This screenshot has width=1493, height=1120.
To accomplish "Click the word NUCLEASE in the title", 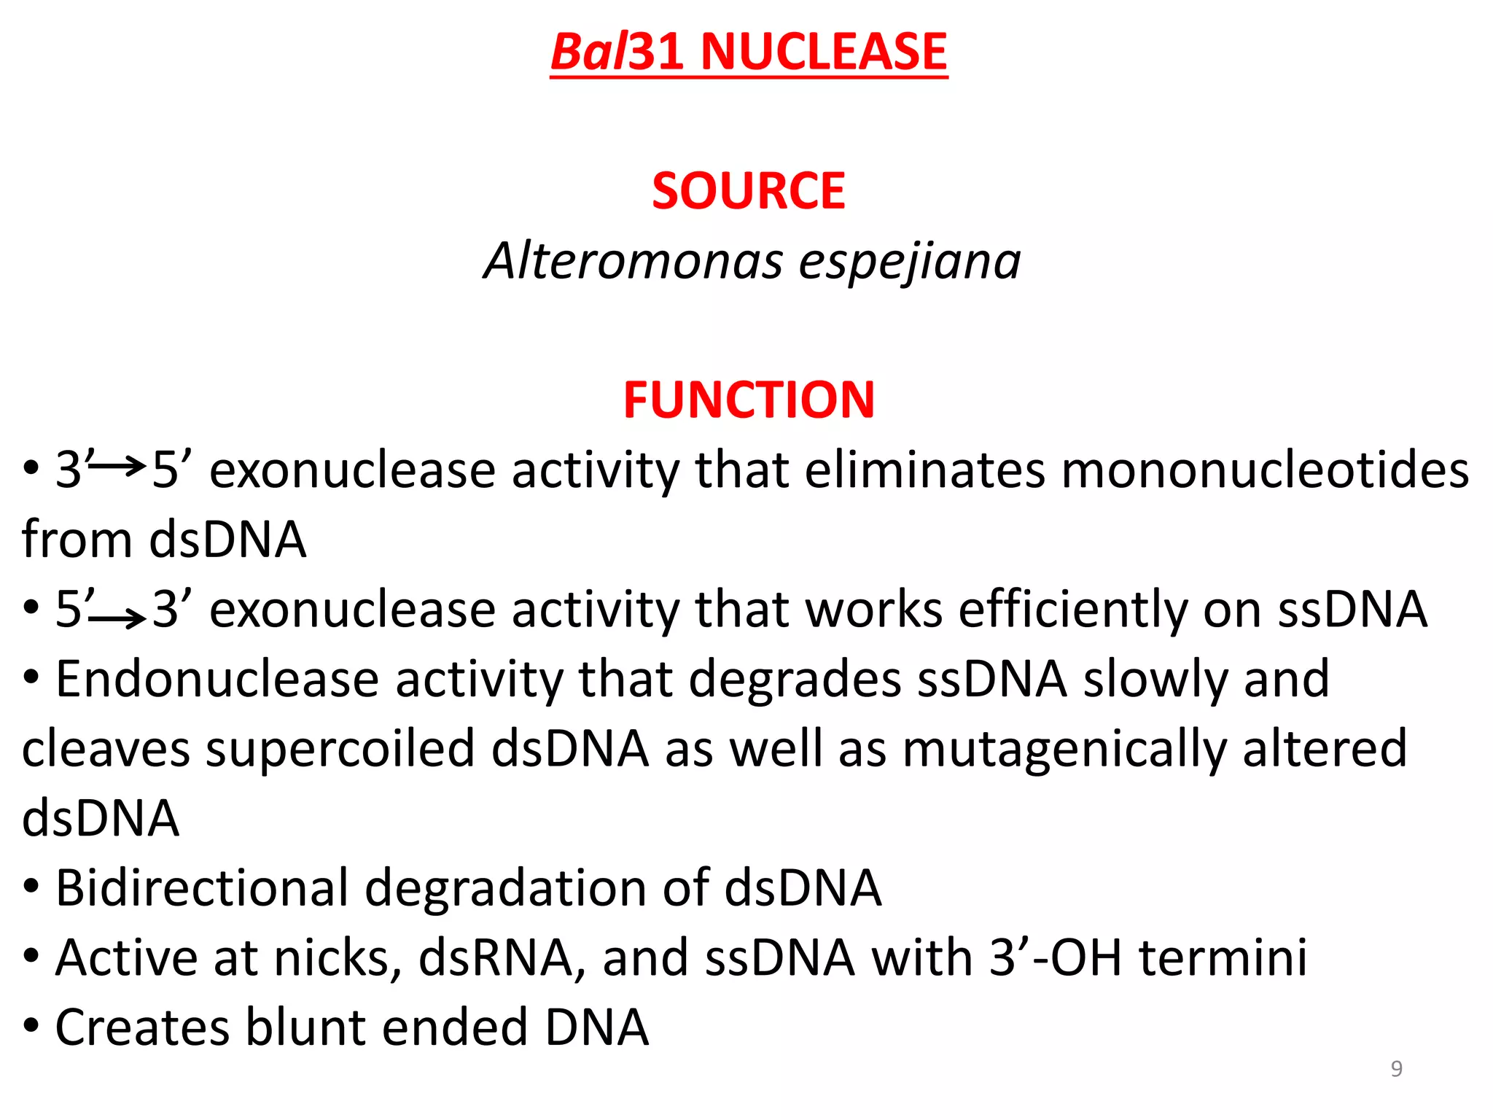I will pyautogui.click(x=824, y=52).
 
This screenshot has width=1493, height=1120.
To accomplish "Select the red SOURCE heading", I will pyautogui.click(x=748, y=191).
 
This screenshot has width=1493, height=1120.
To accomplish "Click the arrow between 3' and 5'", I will pyautogui.click(x=118, y=465).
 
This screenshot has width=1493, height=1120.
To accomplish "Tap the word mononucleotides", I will pyautogui.click(x=1265, y=470).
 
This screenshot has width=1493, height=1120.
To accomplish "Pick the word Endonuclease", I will pyautogui.click(x=217, y=679).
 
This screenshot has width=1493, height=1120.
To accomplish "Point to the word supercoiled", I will pyautogui.click(x=340, y=750).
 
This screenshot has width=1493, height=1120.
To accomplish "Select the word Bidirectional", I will pyautogui.click(x=201, y=888).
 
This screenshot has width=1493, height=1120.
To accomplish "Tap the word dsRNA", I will pyautogui.click(x=502, y=957).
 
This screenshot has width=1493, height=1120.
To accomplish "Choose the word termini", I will pyautogui.click(x=1224, y=957).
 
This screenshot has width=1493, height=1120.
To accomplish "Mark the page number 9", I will pyautogui.click(x=1396, y=1069).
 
